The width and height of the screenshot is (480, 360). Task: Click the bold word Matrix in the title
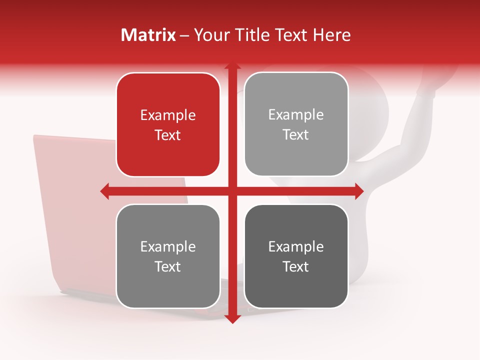click(148, 35)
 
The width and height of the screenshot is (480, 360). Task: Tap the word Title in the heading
click(250, 35)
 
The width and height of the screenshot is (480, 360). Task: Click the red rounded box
click(168, 124)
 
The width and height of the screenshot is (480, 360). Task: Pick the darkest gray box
click(296, 256)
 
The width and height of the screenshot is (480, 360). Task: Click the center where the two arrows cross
click(232, 191)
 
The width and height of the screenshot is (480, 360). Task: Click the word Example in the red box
click(168, 115)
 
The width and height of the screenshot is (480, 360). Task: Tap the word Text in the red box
click(168, 135)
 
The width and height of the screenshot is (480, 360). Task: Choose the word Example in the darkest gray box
click(296, 246)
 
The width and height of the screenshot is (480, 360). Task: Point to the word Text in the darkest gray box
click(296, 266)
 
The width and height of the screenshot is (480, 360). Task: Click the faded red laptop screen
click(70, 200)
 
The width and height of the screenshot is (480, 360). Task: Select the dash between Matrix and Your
click(185, 35)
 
